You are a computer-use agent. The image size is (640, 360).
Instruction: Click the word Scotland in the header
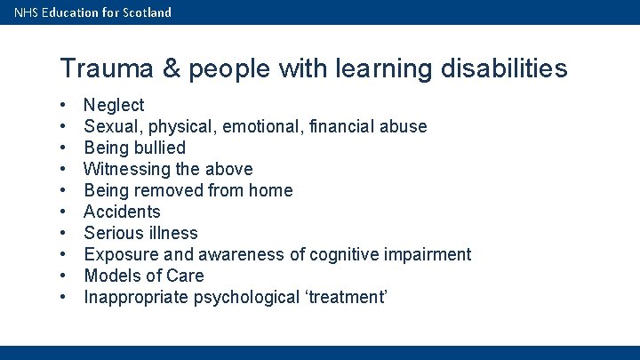point(146,12)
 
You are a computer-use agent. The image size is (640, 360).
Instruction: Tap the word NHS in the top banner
point(27,12)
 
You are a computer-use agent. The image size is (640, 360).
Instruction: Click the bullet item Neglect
point(114,105)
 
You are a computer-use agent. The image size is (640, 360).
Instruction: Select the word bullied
point(159,148)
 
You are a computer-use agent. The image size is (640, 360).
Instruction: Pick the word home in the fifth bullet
point(270,190)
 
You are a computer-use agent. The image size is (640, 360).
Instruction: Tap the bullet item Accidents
point(122,212)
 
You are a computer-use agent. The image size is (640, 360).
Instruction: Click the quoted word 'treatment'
point(346,297)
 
